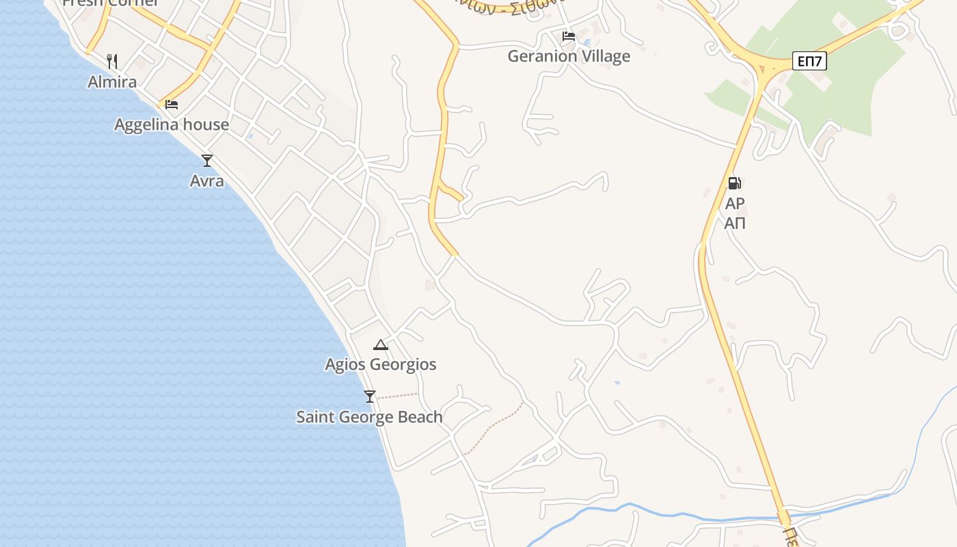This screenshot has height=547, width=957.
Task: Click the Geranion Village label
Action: [x=569, y=56]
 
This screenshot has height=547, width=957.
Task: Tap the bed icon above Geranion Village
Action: [x=568, y=36]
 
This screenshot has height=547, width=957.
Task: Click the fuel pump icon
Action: [x=734, y=183]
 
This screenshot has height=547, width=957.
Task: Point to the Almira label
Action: [x=112, y=82]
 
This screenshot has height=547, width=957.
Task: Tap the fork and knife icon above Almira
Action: [x=112, y=62]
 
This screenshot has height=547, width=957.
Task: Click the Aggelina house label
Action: [x=172, y=124]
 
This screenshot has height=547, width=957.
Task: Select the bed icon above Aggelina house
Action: [x=172, y=104]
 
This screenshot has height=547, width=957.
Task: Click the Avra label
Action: [x=206, y=181]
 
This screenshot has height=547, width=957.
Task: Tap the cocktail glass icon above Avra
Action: [x=207, y=161]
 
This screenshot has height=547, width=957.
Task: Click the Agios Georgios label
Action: [x=381, y=364]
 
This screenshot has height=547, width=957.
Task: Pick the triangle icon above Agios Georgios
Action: [x=381, y=345]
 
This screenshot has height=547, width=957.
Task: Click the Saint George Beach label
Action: [x=369, y=417]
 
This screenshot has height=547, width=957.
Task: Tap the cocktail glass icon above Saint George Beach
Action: [x=370, y=396]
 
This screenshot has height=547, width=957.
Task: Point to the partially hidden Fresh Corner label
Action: [x=111, y=3]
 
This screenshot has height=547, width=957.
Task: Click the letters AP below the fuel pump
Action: [x=735, y=204]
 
